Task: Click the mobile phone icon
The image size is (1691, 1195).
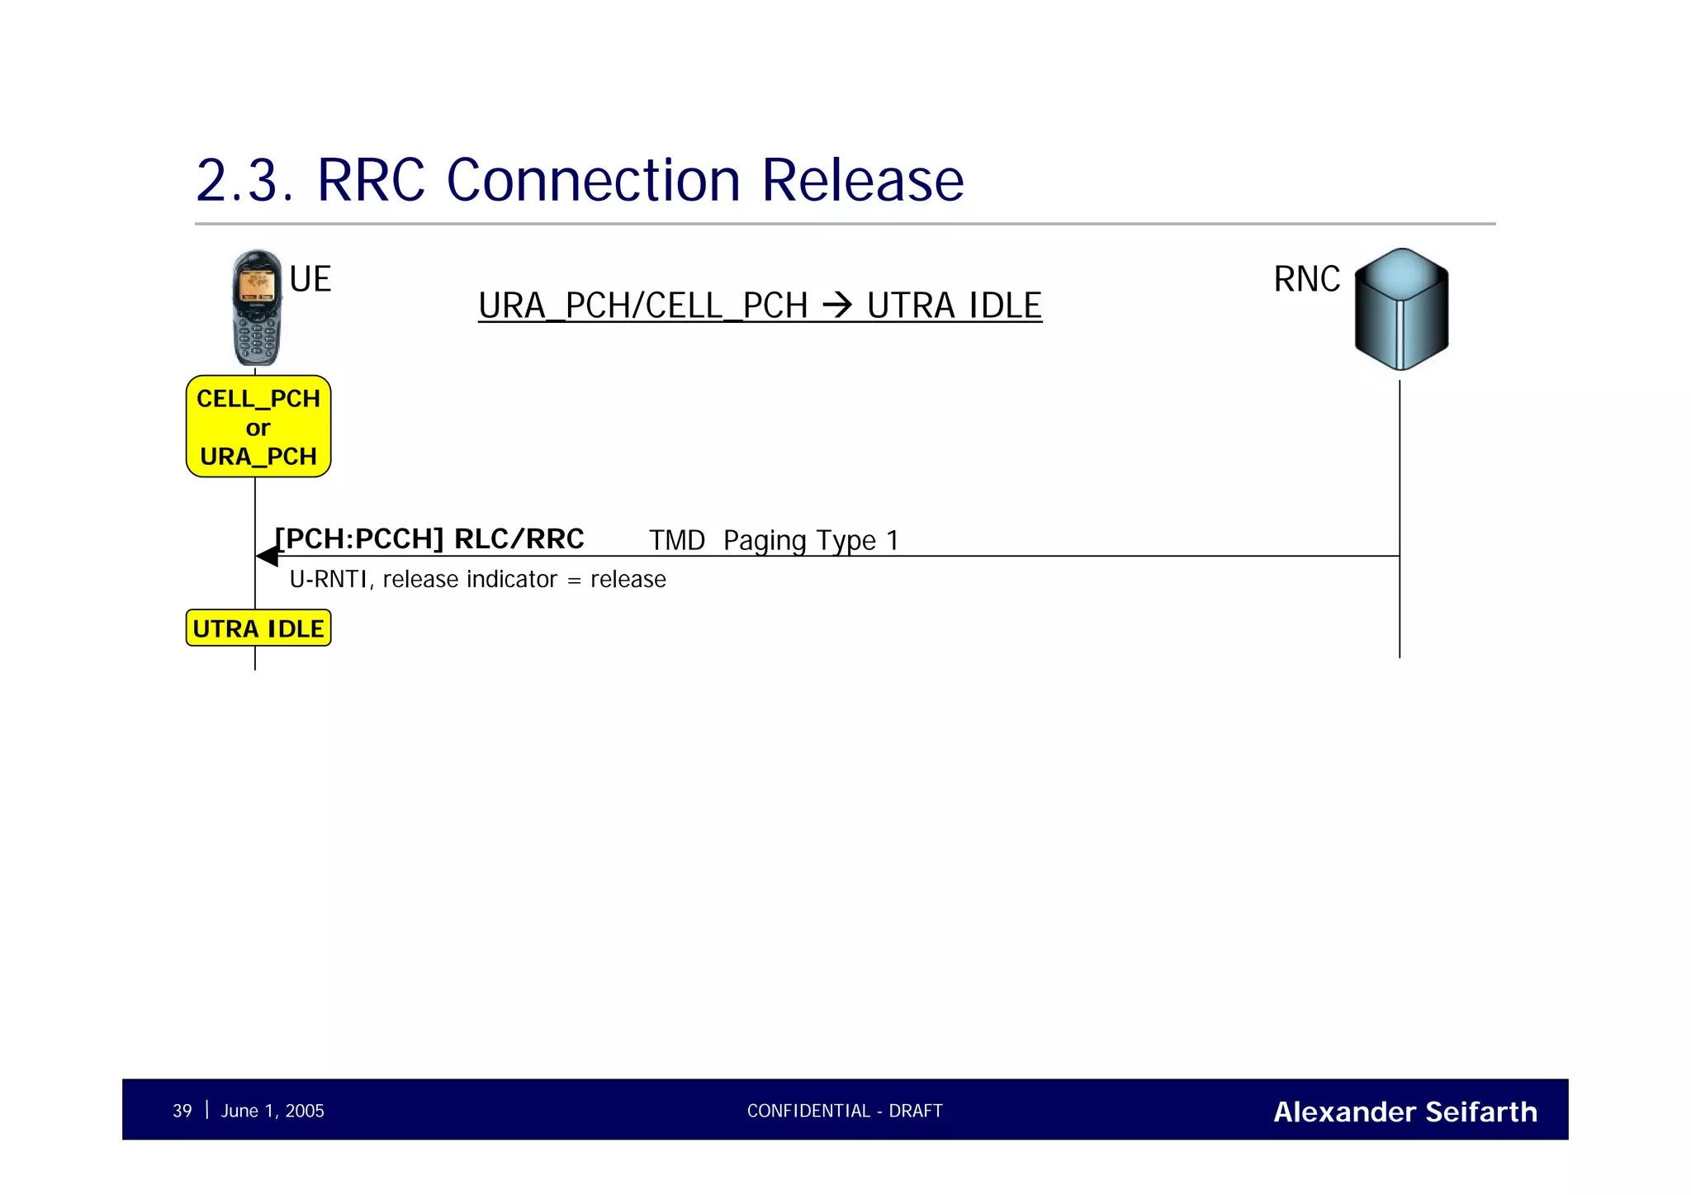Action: tap(257, 308)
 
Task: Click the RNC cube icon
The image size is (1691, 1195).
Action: tap(1401, 309)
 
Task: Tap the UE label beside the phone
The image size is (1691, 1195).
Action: tap(310, 279)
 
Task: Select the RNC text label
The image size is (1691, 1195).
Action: tap(1306, 279)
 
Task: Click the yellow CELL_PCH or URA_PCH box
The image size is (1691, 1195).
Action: tap(258, 427)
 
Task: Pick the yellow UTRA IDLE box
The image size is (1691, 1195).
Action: tap(258, 628)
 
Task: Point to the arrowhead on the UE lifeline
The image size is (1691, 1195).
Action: tap(267, 557)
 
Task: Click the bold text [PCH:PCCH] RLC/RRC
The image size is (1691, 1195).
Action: tap(429, 538)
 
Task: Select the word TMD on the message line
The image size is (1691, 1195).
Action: tap(676, 541)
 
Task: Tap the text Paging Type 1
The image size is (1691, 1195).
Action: tap(810, 541)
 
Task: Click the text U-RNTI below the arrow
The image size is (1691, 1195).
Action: tap(328, 580)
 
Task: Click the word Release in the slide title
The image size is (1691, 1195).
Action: tap(862, 180)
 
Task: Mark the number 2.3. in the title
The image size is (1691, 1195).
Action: tap(244, 180)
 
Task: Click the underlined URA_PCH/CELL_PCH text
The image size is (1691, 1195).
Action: tap(642, 306)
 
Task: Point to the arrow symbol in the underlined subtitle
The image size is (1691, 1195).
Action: tap(837, 306)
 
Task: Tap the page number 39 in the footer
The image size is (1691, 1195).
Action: tap(182, 1111)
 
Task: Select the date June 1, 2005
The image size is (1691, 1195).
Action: tap(272, 1111)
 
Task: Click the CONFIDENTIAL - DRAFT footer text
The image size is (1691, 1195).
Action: tap(845, 1111)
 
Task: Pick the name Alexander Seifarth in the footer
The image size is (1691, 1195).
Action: tap(1404, 1112)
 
